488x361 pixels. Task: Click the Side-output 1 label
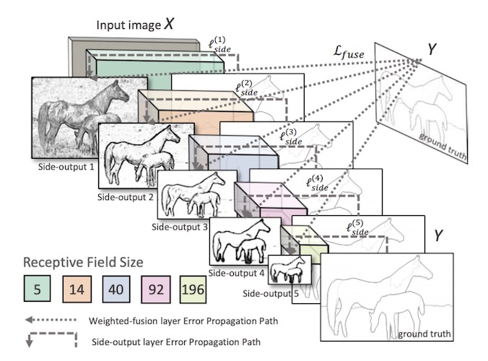pos(64,167)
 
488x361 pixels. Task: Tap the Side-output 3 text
pos(180,227)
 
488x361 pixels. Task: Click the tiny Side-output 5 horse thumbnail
pos(289,271)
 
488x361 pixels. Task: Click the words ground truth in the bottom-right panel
pos(425,334)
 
